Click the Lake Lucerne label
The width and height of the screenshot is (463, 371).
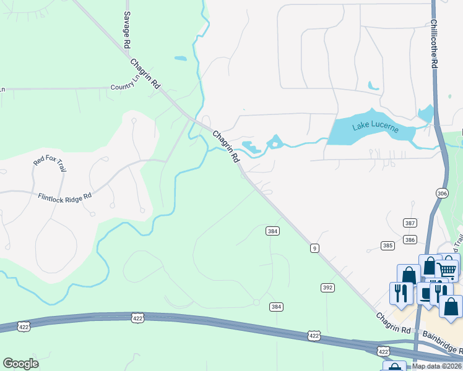coord(374,127)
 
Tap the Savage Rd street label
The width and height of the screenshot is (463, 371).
coord(127,30)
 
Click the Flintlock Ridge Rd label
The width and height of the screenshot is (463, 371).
coord(64,196)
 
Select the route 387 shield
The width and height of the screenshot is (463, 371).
coord(410,223)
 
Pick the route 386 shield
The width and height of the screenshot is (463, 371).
coord(409,239)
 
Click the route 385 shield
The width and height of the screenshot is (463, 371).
coord(387,245)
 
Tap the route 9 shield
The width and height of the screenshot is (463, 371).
coord(315,248)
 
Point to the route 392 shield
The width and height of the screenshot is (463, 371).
coord(327,288)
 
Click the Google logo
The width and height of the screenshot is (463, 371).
coord(21,364)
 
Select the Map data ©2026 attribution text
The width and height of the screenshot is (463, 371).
coord(437,366)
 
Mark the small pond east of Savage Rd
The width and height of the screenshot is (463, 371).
coord(180,59)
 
